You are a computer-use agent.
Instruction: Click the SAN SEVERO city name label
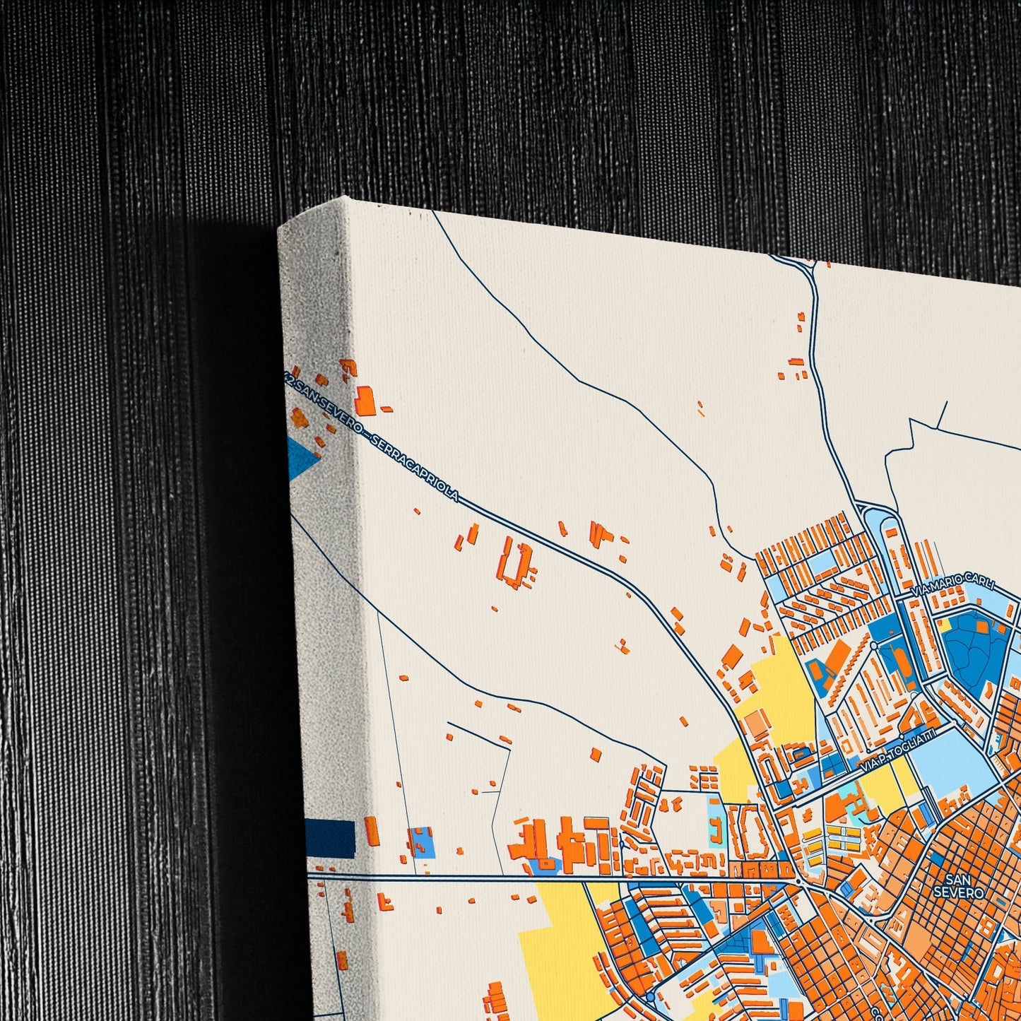coord(958,885)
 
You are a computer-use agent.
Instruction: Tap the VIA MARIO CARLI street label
coord(954,587)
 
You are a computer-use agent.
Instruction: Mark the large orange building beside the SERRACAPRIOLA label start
coord(366,400)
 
